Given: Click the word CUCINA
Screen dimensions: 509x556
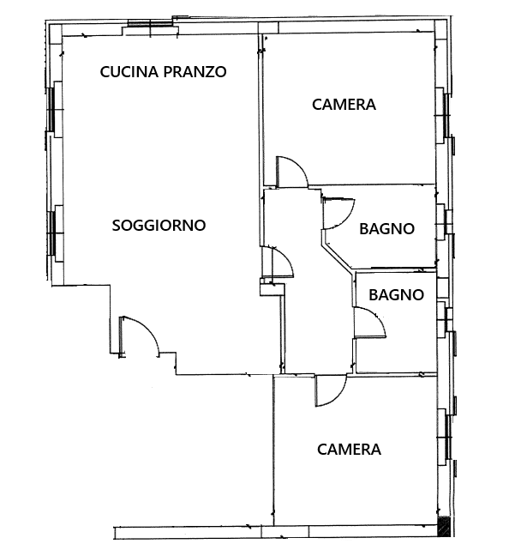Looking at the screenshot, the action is (x=129, y=71).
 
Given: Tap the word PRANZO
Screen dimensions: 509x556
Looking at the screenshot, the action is (x=195, y=71).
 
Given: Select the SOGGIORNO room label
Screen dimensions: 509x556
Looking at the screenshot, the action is (x=159, y=226).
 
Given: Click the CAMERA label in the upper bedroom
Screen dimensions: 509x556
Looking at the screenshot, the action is (x=344, y=105).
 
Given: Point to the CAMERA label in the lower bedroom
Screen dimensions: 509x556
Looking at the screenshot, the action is (x=349, y=450).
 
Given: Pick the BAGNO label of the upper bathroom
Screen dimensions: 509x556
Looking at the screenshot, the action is (x=386, y=229).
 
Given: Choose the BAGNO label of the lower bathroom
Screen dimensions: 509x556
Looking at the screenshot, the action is (x=397, y=295).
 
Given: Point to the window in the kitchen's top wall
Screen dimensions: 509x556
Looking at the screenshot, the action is (x=150, y=23).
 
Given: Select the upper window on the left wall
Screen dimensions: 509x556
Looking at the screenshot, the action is (x=52, y=108).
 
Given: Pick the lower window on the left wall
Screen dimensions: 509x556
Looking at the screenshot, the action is (x=52, y=233).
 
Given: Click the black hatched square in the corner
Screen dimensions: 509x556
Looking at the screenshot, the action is (x=444, y=526).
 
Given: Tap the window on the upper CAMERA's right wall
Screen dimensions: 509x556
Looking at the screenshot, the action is (x=446, y=115).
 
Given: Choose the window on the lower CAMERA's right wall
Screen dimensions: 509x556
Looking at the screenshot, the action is (x=447, y=437).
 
